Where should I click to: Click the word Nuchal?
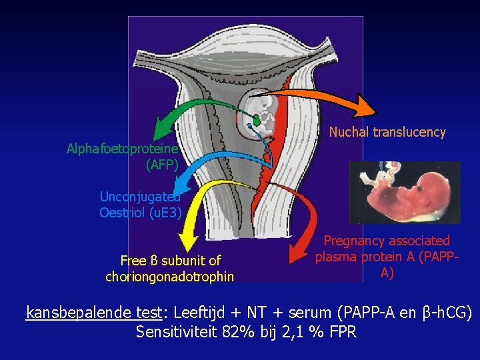pyautogui.click(x=349, y=132)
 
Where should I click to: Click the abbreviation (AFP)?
pyautogui.click(x=162, y=165)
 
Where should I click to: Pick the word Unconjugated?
pyautogui.click(x=140, y=197)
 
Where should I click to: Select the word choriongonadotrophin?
pyautogui.click(x=170, y=276)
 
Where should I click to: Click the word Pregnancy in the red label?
pyautogui.click(x=353, y=241)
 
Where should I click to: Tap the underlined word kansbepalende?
pyautogui.click(x=74, y=312)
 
